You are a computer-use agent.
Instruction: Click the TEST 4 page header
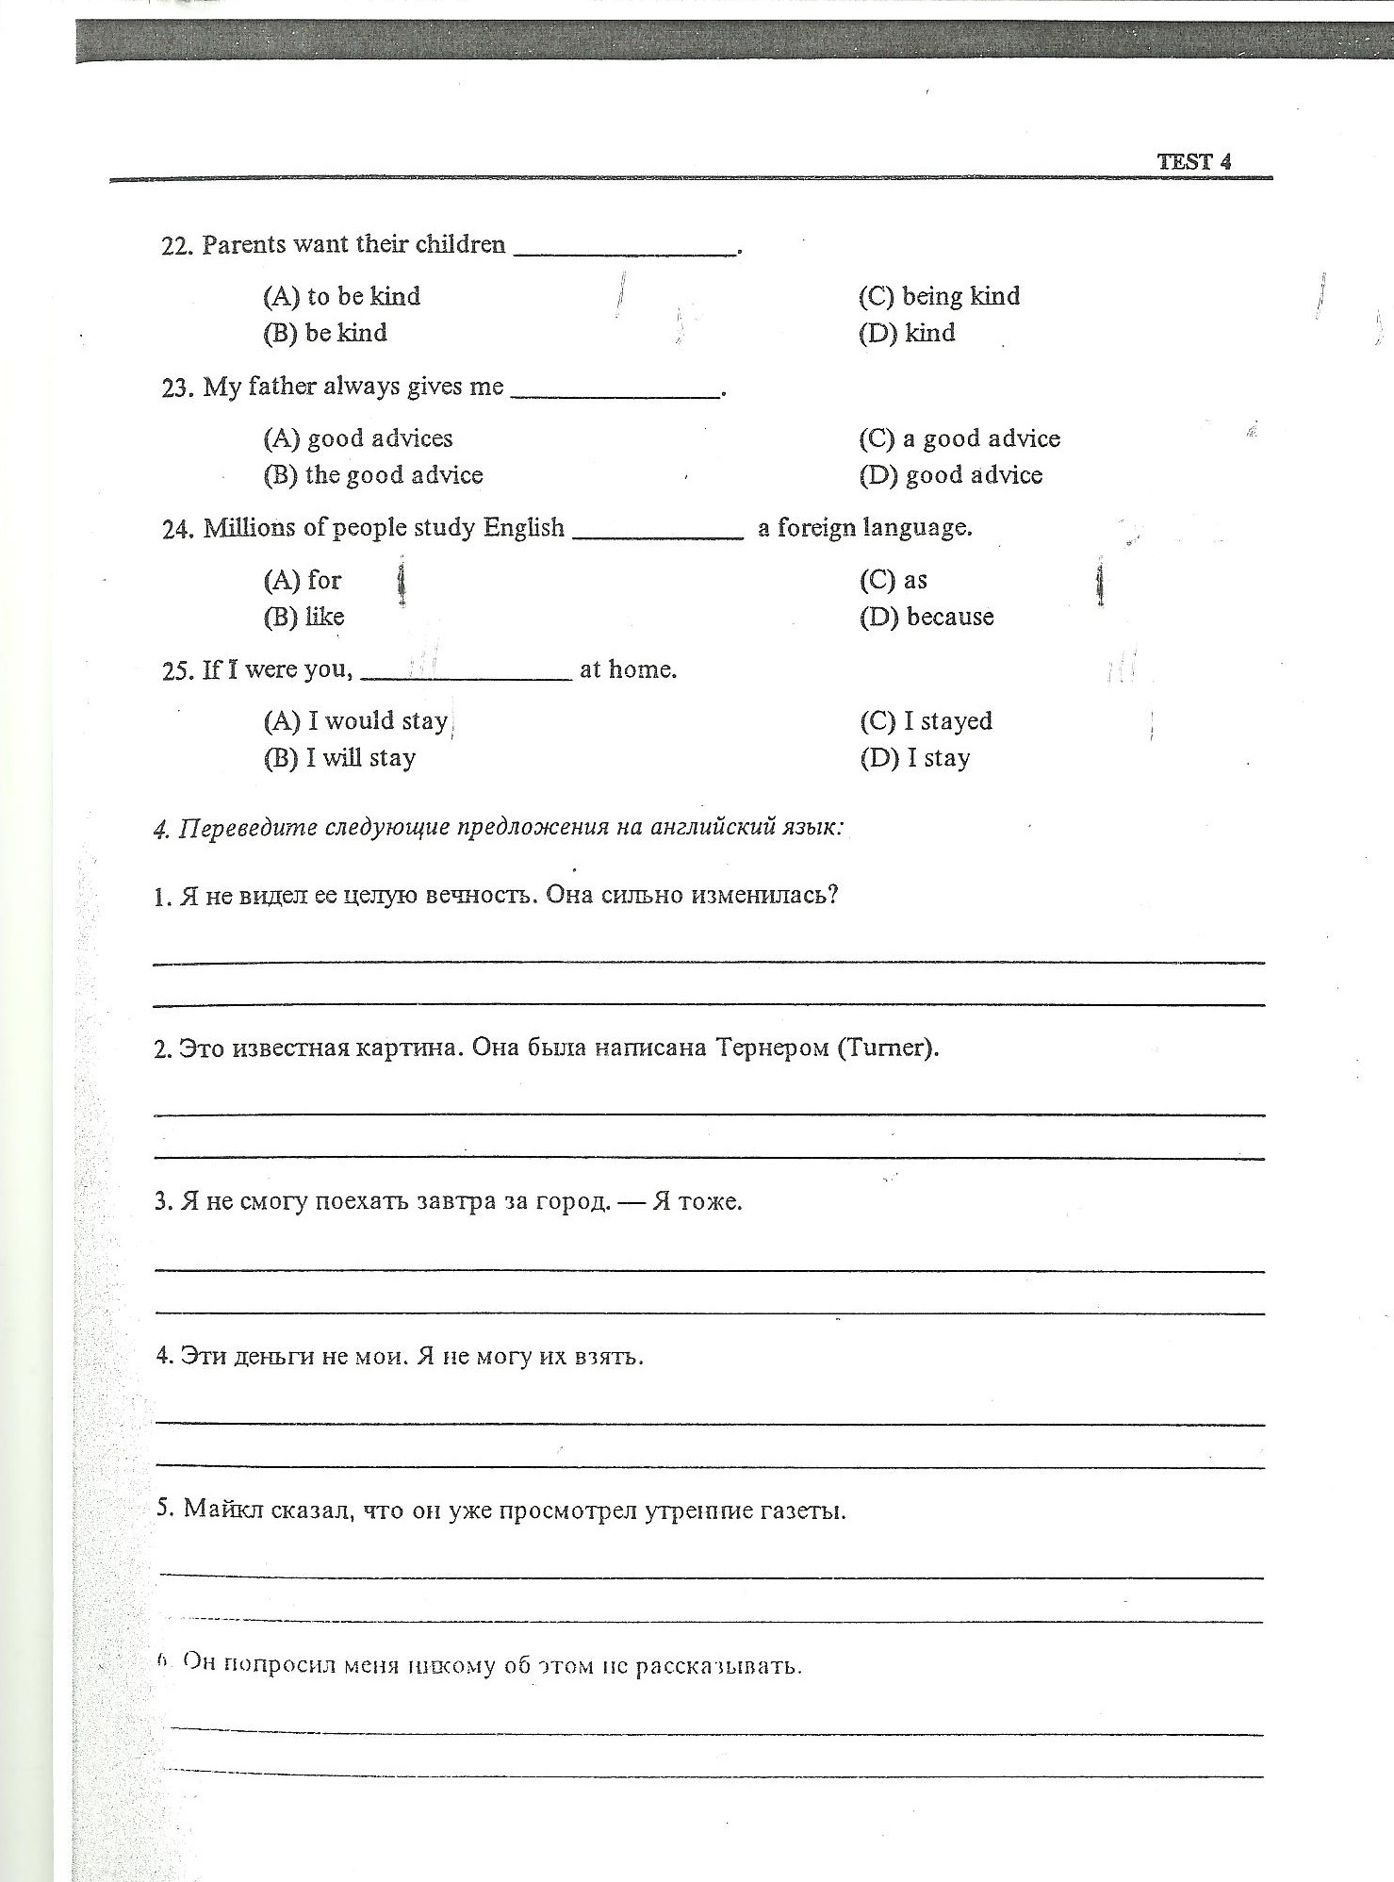click(x=1194, y=161)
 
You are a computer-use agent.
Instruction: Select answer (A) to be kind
click(x=341, y=296)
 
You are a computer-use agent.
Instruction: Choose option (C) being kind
click(x=939, y=296)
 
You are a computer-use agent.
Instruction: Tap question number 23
click(x=177, y=388)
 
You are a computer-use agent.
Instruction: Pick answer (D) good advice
click(x=950, y=475)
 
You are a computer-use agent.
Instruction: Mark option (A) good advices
click(x=357, y=438)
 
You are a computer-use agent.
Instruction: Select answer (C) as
click(x=893, y=580)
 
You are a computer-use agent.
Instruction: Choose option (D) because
click(x=927, y=617)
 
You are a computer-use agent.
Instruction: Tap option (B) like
click(x=303, y=617)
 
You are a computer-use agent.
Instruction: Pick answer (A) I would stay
click(x=355, y=721)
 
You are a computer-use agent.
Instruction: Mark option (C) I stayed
click(x=926, y=721)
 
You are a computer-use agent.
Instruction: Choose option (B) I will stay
click(x=339, y=758)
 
